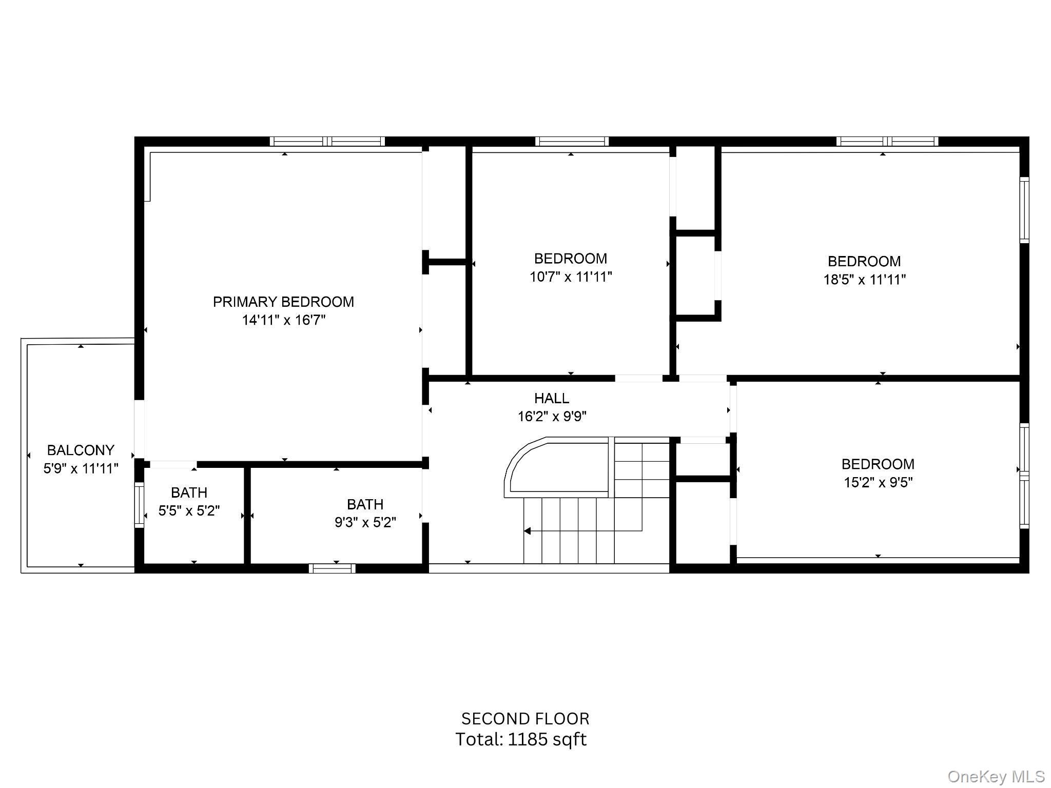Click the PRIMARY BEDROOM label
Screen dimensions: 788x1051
point(283,302)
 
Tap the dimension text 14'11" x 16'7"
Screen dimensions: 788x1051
point(284,320)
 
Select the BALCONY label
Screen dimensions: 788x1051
point(81,450)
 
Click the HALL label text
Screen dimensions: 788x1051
point(552,398)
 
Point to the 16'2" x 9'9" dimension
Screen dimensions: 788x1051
point(552,416)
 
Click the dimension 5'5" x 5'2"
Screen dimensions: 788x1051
point(189,510)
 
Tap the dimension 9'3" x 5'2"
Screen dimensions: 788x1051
point(365,522)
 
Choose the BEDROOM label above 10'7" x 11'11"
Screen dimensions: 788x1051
point(570,258)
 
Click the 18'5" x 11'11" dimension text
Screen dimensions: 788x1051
point(864,280)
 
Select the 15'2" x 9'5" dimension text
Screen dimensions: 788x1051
point(878,482)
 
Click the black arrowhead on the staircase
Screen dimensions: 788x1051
point(527,531)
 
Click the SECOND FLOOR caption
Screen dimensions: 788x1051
point(525,718)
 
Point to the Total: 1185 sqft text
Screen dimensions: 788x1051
point(521,739)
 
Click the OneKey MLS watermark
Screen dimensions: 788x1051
point(996,776)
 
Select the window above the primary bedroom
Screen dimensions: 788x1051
point(327,142)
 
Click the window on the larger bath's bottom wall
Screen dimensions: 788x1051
point(332,568)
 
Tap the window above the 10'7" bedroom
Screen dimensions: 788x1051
point(571,142)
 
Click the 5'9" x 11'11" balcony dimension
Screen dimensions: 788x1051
point(81,468)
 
